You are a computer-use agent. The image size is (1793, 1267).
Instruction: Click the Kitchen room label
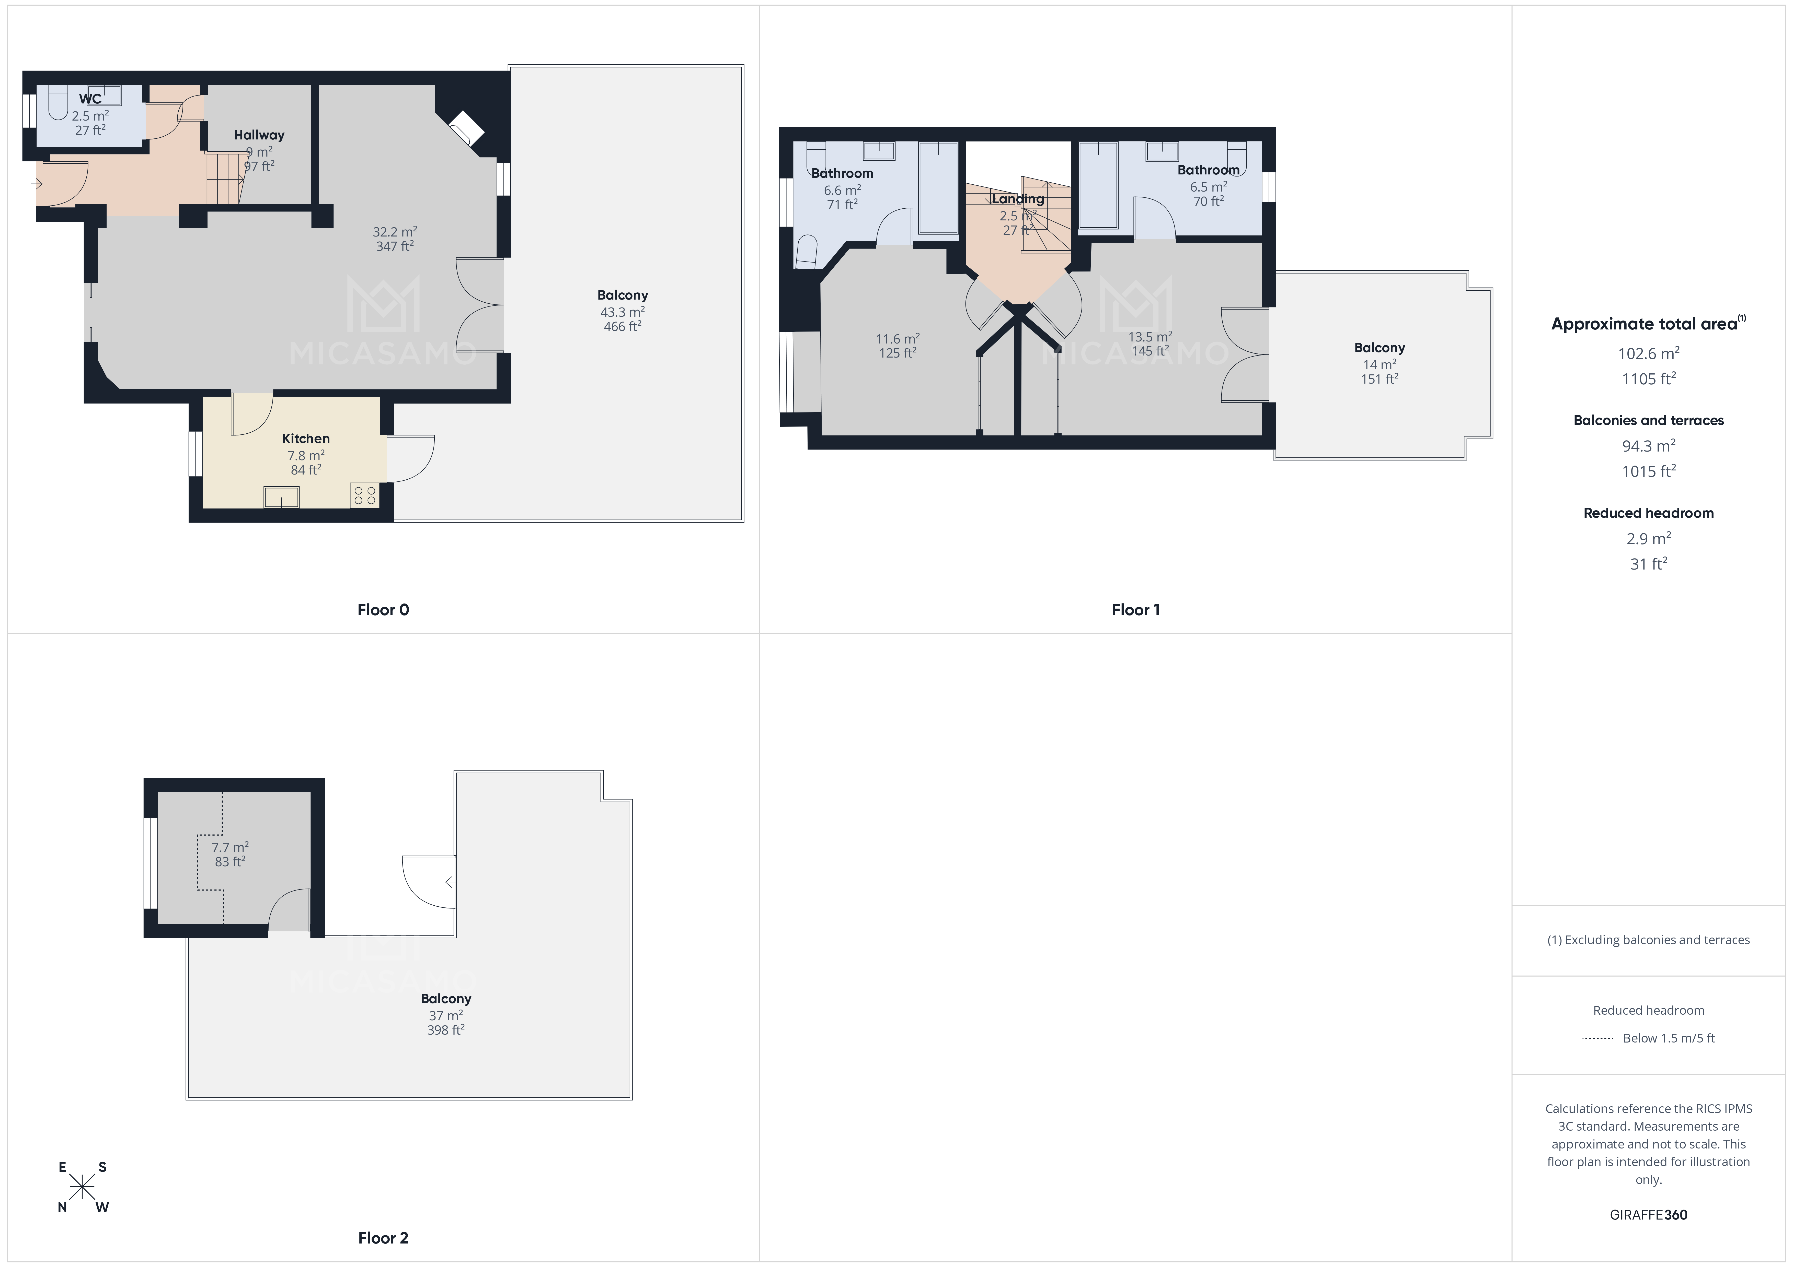(x=305, y=439)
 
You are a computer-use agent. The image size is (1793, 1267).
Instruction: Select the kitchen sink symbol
(x=281, y=496)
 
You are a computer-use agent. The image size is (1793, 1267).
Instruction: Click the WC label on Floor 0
(x=90, y=99)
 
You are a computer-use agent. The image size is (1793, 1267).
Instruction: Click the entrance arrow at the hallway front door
(x=37, y=184)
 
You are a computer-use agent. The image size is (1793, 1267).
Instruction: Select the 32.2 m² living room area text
(x=394, y=232)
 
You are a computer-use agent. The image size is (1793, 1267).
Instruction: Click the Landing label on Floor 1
(x=1018, y=199)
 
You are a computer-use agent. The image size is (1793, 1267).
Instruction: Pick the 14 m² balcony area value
(x=1379, y=364)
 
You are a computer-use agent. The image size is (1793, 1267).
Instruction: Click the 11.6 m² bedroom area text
(x=897, y=339)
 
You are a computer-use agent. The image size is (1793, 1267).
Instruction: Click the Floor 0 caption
(x=383, y=610)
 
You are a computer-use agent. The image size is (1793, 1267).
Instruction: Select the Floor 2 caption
(x=383, y=1237)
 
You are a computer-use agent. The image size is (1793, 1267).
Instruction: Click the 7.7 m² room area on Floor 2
(x=230, y=847)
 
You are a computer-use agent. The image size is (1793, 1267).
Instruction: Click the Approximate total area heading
(x=1644, y=324)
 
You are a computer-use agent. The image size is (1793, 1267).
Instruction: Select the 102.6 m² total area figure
(x=1648, y=354)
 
